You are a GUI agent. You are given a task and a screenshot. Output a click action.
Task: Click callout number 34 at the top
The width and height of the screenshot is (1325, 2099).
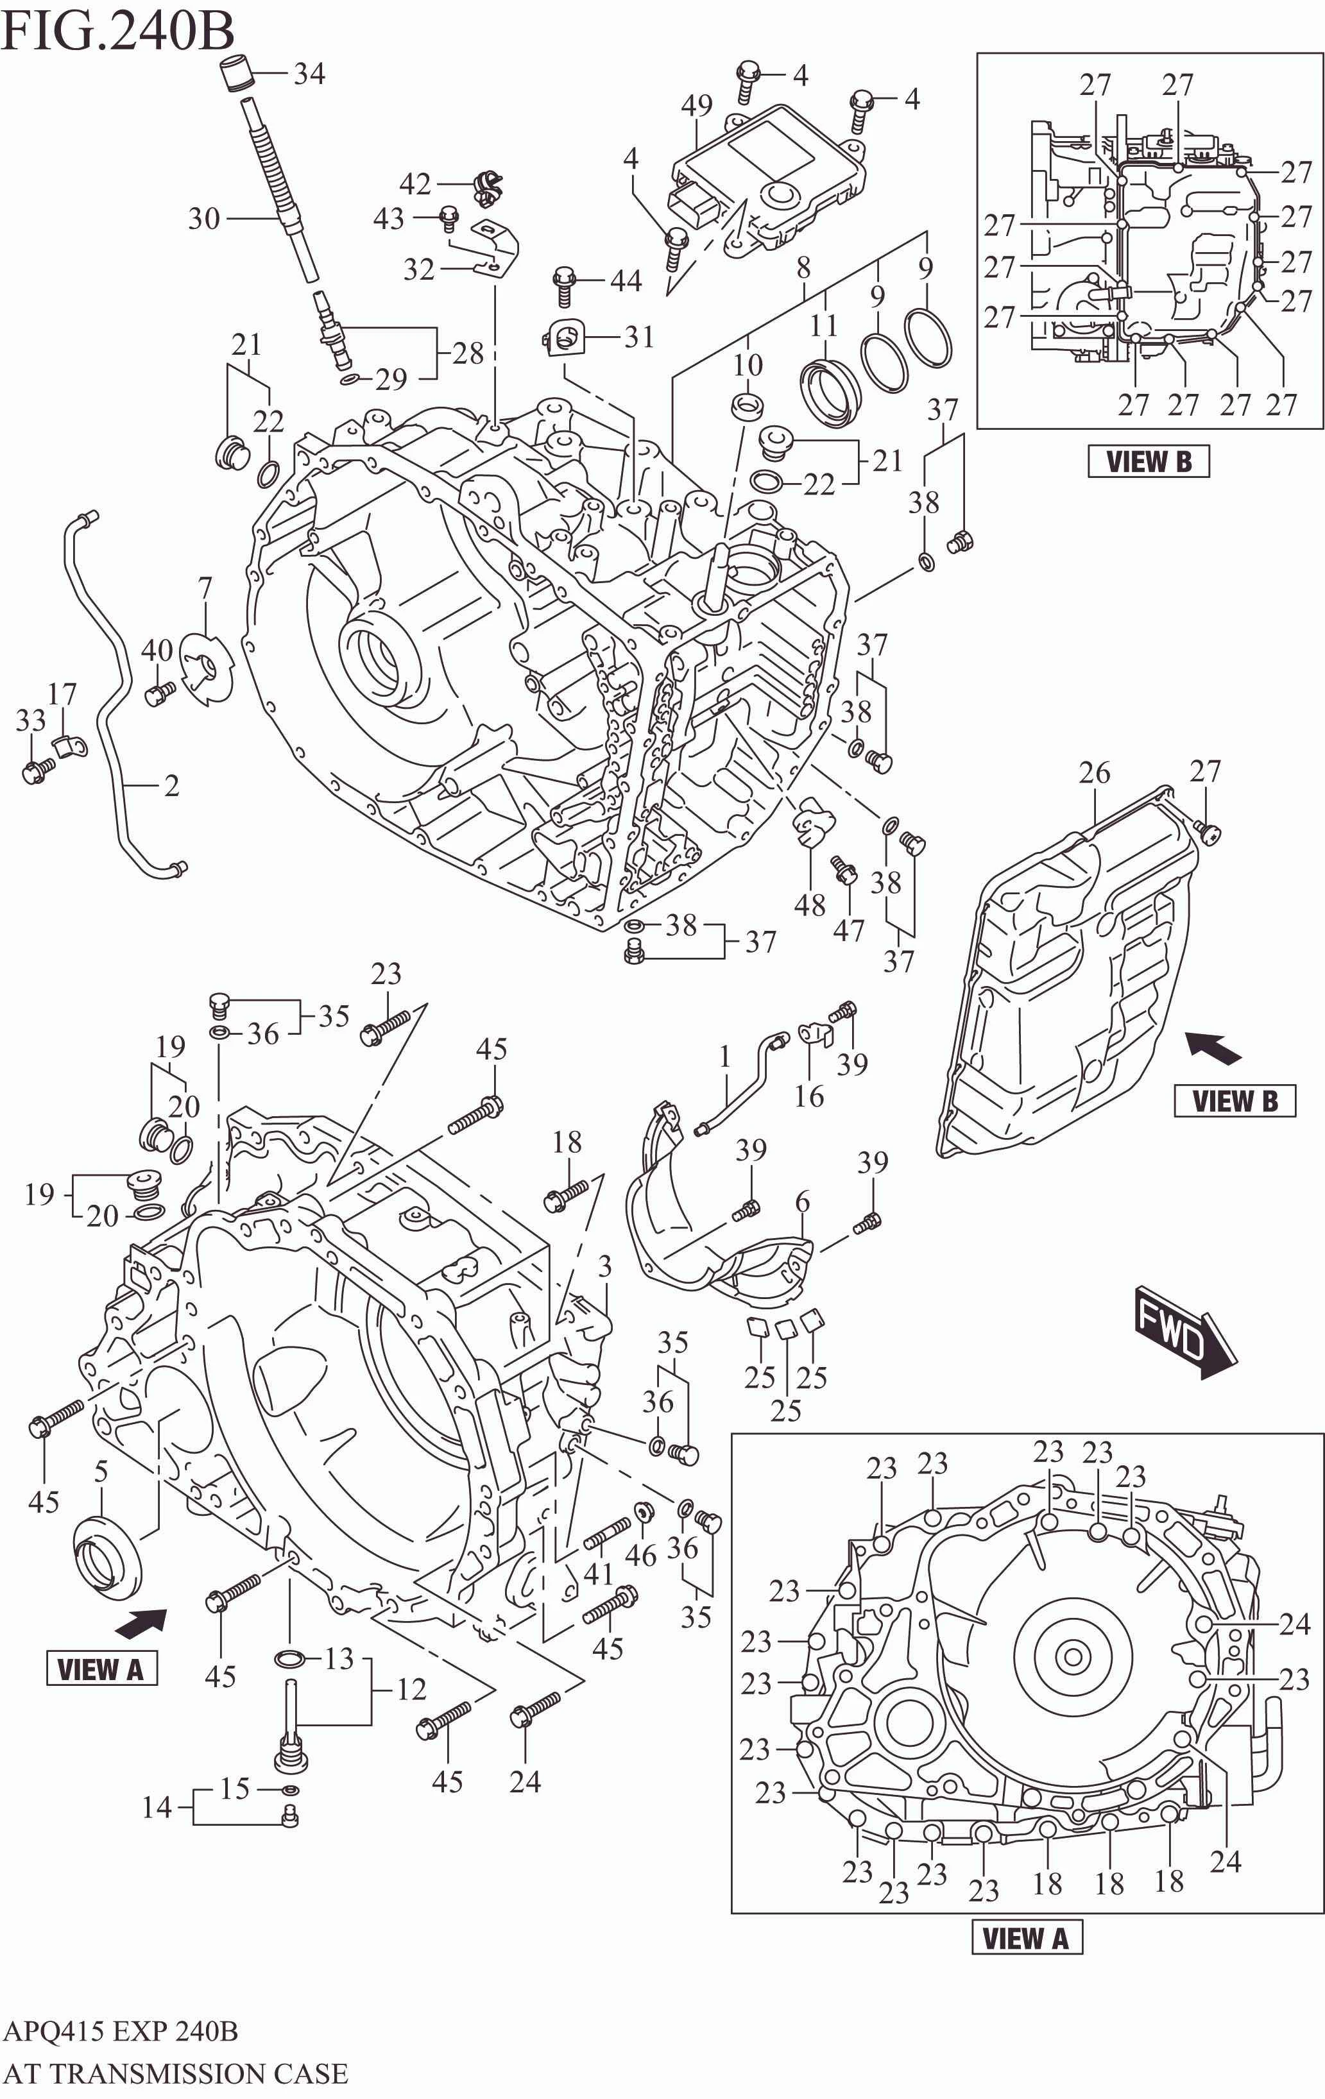point(309,74)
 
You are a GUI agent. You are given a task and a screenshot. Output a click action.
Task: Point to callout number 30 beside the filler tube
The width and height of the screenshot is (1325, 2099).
point(204,218)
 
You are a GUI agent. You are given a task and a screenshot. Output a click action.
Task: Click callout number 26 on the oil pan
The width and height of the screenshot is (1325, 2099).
point(1094,773)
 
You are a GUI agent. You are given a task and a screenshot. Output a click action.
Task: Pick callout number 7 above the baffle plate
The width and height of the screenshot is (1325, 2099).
point(205,590)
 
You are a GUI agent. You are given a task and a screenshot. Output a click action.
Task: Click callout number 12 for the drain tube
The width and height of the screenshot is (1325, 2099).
point(411,1690)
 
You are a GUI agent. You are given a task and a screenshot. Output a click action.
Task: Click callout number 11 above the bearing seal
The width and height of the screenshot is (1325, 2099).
point(823,326)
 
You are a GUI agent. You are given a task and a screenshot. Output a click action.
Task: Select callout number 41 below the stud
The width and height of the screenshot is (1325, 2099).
point(598,1574)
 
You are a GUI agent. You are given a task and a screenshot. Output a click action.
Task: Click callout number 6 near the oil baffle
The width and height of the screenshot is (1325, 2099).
point(802,1202)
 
